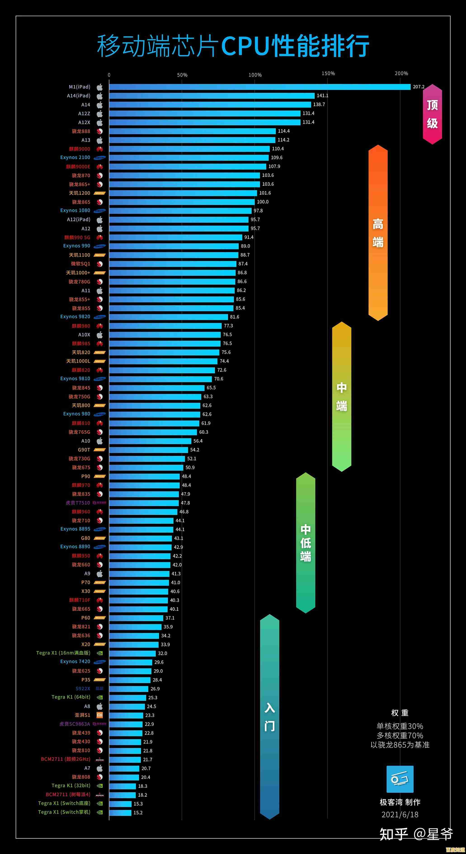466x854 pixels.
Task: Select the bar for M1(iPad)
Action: (x=259, y=87)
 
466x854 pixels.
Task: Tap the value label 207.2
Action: (x=418, y=87)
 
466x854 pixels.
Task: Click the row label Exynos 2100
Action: (x=75, y=157)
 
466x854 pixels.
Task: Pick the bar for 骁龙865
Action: (x=182, y=202)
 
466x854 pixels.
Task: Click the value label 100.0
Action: (x=263, y=202)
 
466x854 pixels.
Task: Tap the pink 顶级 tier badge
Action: (x=432, y=114)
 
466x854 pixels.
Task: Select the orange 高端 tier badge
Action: (x=378, y=233)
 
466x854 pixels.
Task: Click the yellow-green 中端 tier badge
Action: (x=342, y=396)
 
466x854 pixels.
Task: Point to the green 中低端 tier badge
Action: (x=306, y=542)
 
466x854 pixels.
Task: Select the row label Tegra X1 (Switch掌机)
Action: (x=64, y=812)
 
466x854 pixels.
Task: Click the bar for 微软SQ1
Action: (x=172, y=264)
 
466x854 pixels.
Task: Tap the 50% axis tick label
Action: (x=182, y=75)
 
